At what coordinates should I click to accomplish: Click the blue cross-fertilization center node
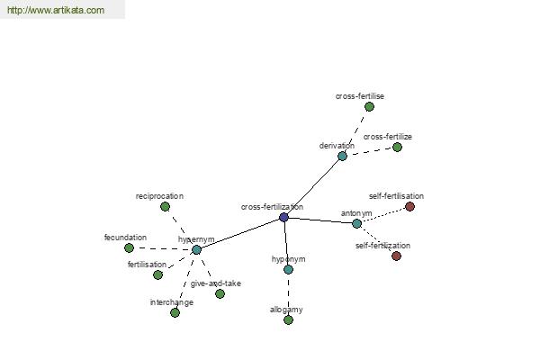point(283,218)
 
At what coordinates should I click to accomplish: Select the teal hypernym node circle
point(196,250)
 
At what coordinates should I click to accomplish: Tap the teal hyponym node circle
point(289,269)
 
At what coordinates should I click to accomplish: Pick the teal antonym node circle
point(356,223)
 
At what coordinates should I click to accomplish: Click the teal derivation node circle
point(342,156)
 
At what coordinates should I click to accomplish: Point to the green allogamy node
point(289,320)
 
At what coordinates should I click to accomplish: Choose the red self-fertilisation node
point(409,207)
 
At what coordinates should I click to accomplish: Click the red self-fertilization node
point(396,256)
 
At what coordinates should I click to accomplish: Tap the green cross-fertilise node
point(369,107)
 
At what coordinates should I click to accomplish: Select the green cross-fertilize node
point(397,147)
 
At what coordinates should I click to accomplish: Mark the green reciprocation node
point(165,207)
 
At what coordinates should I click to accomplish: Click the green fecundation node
point(129,247)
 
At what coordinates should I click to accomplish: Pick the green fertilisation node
point(157,274)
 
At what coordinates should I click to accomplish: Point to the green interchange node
point(175,313)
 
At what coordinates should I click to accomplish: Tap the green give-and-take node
point(220,294)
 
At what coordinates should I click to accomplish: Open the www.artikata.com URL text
point(56,10)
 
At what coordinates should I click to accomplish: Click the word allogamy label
point(286,310)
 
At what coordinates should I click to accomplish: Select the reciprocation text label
point(159,196)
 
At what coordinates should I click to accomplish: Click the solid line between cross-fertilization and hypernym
point(240,234)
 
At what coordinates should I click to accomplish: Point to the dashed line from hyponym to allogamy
point(289,295)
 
